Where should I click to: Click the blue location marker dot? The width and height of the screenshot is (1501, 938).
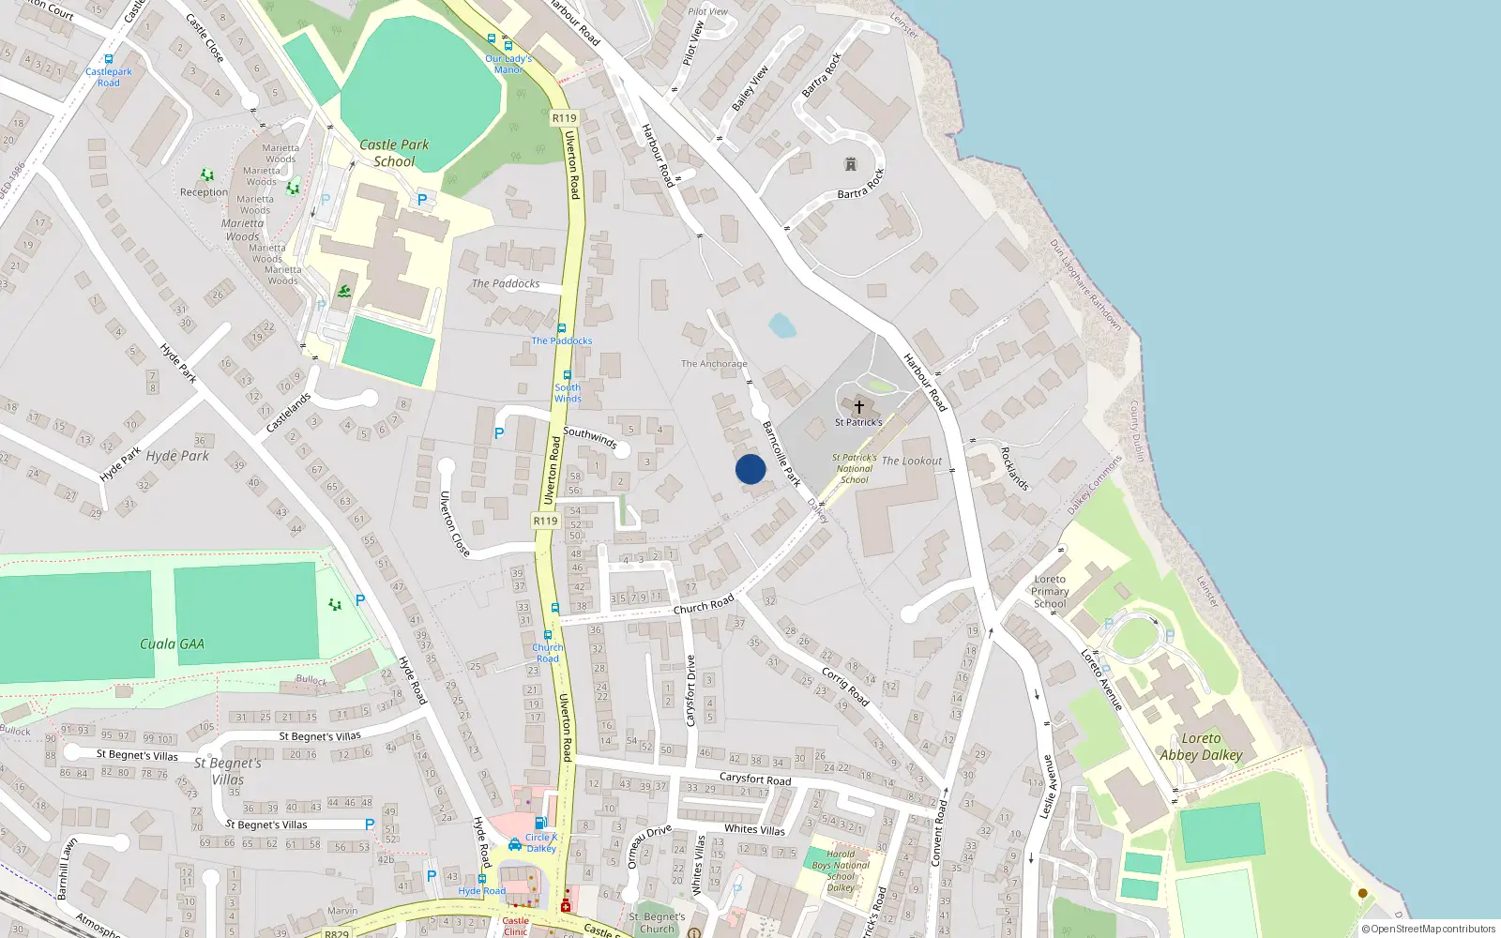pos(750,469)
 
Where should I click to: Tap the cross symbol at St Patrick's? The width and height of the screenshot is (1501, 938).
pos(858,407)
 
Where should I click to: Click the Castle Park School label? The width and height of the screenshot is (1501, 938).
pos(394,153)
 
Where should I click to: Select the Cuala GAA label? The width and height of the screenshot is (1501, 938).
pos(172,644)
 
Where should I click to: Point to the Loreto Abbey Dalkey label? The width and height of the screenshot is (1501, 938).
pos(1201,747)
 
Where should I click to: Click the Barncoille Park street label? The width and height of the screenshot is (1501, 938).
pos(781,454)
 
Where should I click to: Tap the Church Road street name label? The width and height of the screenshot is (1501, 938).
pos(704,606)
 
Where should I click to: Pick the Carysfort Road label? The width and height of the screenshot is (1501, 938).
pos(755,779)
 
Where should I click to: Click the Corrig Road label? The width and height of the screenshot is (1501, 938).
pos(845,687)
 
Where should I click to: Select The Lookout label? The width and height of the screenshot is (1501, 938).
pos(912,461)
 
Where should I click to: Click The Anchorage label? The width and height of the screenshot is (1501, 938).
pos(714,364)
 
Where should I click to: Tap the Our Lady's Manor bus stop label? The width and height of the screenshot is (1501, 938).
pos(508,64)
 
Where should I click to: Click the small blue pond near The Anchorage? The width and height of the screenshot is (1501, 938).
pos(782,326)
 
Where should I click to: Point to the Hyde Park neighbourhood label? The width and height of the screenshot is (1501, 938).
pos(177,456)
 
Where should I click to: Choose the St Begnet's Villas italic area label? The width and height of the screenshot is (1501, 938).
pos(228,771)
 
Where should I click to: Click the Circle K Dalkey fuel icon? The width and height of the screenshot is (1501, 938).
pos(541,823)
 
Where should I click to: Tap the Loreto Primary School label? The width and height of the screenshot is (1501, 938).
pos(1050,592)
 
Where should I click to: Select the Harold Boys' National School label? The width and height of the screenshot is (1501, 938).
pos(841,870)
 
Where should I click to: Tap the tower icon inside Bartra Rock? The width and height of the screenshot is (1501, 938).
pos(851,164)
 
